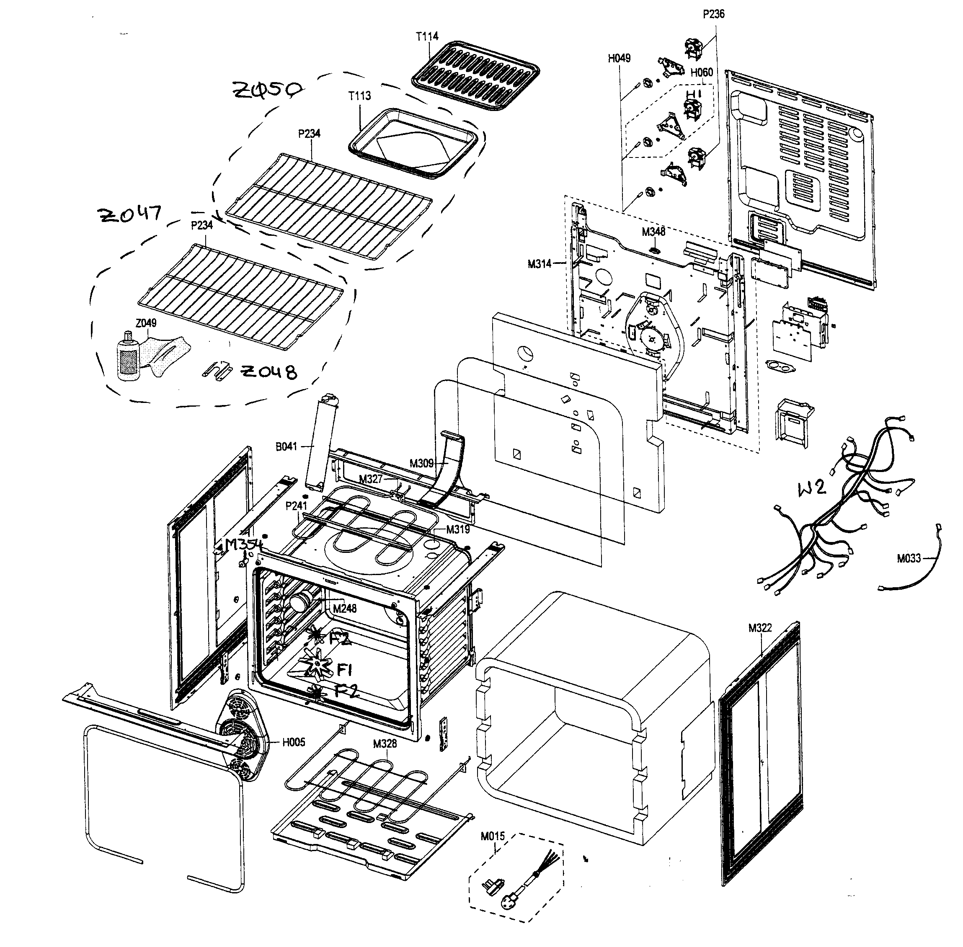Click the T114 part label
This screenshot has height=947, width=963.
point(426,36)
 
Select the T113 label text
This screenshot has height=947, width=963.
point(359,95)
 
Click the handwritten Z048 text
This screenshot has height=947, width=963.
point(269,372)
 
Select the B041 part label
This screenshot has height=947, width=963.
point(286,446)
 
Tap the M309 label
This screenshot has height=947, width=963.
point(421,464)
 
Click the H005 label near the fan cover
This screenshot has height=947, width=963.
point(294,743)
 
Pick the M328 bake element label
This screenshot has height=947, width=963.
point(385,743)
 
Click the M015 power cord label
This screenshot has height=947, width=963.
point(493,836)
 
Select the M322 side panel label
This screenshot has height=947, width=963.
point(759,628)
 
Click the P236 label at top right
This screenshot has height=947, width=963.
point(713,14)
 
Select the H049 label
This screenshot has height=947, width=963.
point(619,58)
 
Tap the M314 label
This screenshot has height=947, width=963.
point(539,264)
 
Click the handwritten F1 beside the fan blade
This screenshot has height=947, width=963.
point(344,670)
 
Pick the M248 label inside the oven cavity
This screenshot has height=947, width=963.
point(345,608)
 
